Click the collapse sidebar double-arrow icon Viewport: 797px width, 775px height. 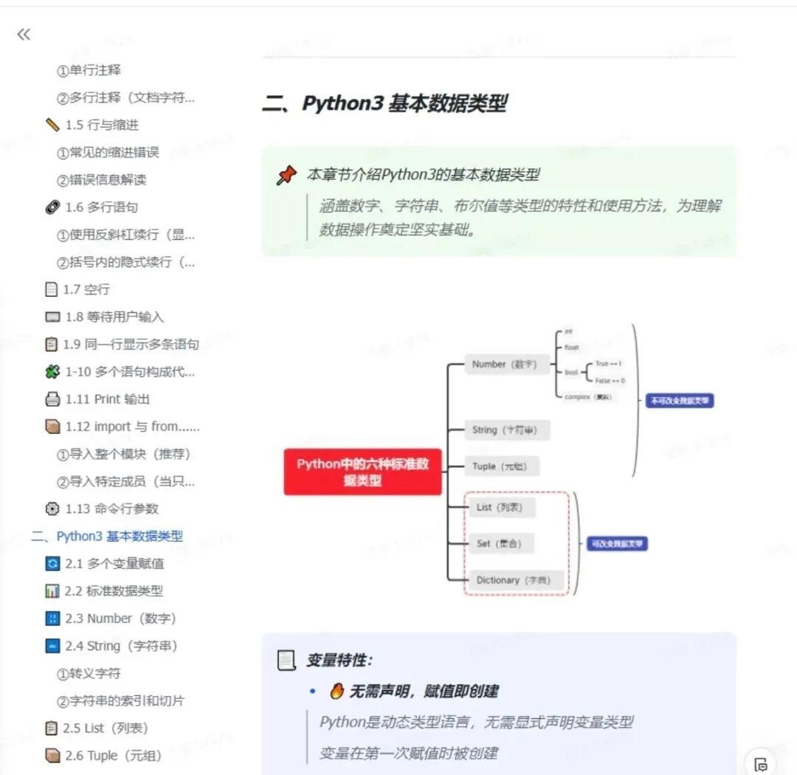(24, 34)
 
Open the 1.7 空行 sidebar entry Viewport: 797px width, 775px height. (86, 289)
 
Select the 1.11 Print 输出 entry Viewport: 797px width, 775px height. (107, 399)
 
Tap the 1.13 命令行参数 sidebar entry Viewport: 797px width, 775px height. (111, 509)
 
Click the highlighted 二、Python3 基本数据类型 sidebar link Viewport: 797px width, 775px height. (107, 537)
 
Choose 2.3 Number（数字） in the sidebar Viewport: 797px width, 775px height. (120, 619)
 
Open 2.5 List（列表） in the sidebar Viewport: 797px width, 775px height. (106, 728)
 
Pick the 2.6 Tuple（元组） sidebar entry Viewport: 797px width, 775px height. (113, 755)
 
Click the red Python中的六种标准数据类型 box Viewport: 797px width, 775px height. (362, 472)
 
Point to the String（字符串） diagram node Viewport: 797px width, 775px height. (507, 430)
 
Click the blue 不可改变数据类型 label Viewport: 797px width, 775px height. (679, 401)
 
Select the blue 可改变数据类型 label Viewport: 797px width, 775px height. (617, 544)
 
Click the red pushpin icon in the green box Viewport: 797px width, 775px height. (286, 176)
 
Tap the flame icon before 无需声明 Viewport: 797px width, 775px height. (337, 691)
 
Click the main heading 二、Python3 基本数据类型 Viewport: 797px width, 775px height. (384, 103)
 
